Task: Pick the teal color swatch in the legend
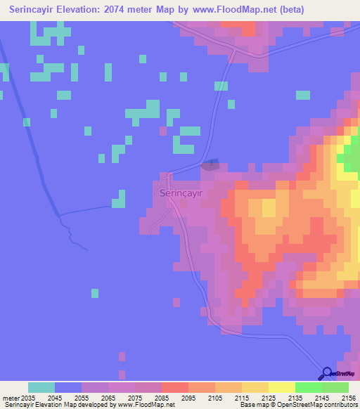tap(41, 387)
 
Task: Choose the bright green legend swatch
tap(308, 387)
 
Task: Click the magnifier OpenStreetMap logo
tap(328, 375)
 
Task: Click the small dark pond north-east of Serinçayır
tap(210, 166)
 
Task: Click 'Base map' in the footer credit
tap(252, 405)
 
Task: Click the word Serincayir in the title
tap(33, 10)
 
